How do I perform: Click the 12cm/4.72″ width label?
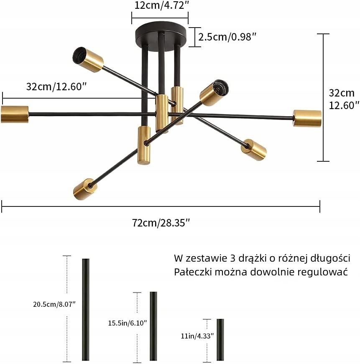point(160,5)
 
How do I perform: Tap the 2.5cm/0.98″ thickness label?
point(227,37)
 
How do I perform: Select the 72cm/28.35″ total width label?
point(161,222)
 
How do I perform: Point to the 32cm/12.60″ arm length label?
point(56,87)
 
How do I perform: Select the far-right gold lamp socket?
point(307,118)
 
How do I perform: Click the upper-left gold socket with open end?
point(88,59)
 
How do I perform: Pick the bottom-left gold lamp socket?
point(85,189)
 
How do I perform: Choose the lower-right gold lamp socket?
point(254,150)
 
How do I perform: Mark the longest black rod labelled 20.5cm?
point(86,310)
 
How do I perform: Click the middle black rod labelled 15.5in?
point(153,326)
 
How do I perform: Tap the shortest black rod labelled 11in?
point(220,339)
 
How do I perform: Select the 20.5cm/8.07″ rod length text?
point(54,304)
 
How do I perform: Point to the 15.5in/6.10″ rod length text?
point(127,323)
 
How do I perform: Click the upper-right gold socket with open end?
point(214,93)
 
